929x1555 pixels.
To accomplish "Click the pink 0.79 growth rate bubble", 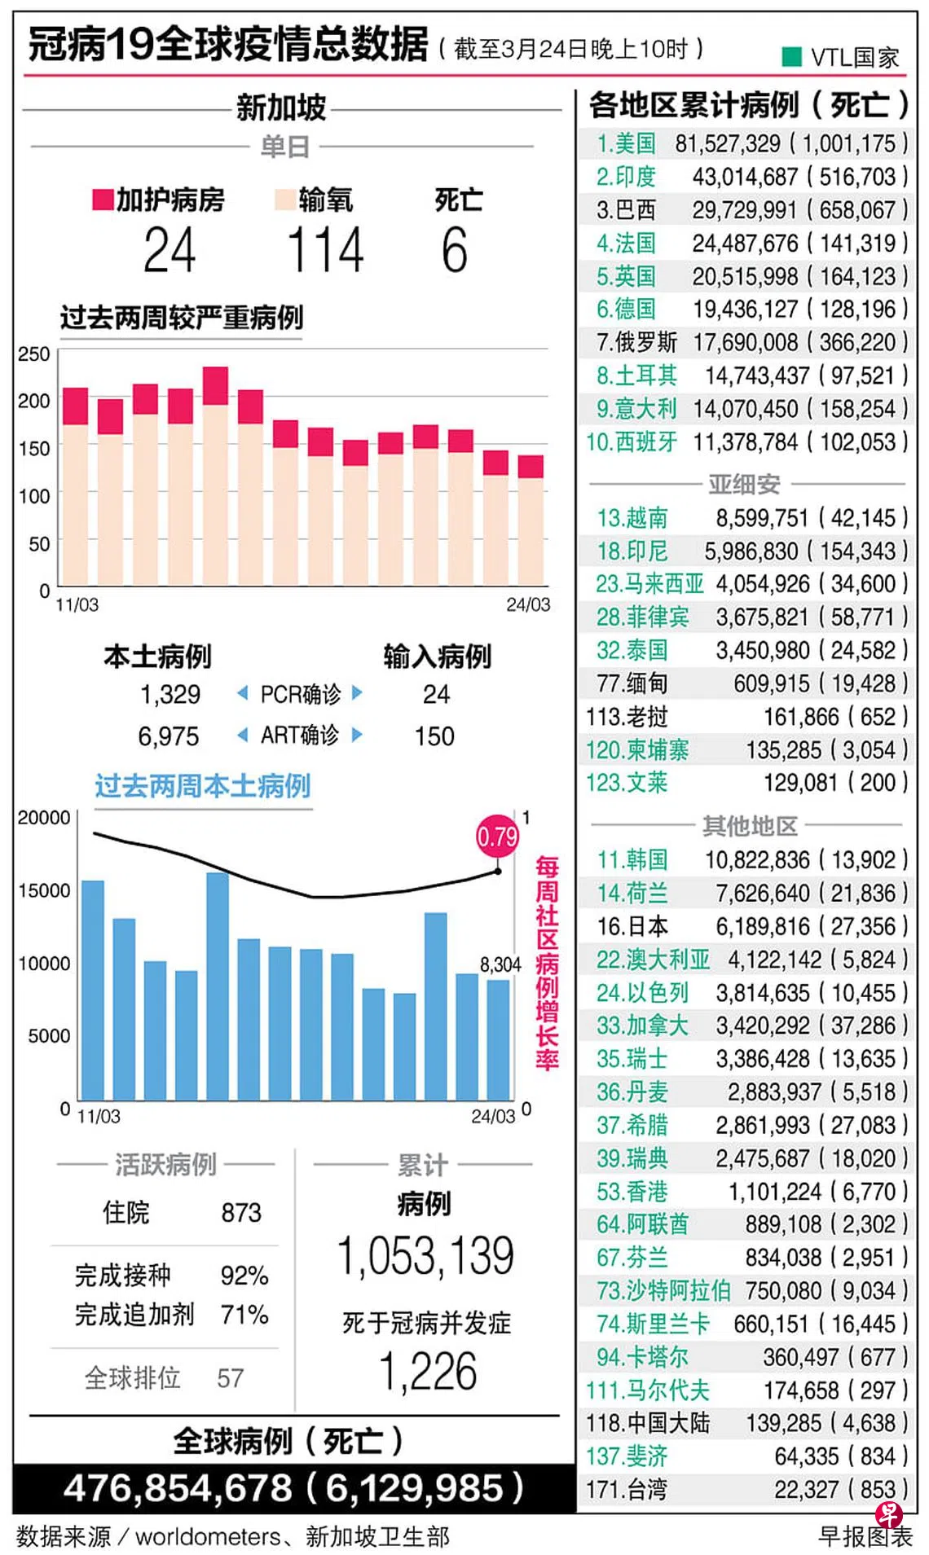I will coord(497,836).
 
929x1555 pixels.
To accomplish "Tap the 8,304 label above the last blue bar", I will coord(500,964).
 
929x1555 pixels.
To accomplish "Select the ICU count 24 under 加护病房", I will coord(170,250).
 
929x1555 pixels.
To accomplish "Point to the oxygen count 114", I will coord(325,250).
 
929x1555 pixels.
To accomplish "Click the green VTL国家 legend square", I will coord(790,56).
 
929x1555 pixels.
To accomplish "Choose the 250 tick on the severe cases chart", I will coord(34,354).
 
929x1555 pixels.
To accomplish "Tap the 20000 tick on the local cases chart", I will coord(44,818).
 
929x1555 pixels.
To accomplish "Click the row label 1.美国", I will coord(626,144).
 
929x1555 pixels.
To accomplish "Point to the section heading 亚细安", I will coord(744,485).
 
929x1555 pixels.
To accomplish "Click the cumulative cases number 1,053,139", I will coord(425,1255).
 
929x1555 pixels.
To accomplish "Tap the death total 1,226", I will coord(428,1372).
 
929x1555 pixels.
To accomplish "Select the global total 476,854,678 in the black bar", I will coord(177,1488).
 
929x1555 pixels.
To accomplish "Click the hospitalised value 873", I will coord(241,1213).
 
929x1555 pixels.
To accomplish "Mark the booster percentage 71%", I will coord(244,1314).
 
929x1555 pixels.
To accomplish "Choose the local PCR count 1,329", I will coord(170,694).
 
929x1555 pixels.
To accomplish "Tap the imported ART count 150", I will coord(434,736).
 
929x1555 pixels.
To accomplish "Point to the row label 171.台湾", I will coord(626,1490).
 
